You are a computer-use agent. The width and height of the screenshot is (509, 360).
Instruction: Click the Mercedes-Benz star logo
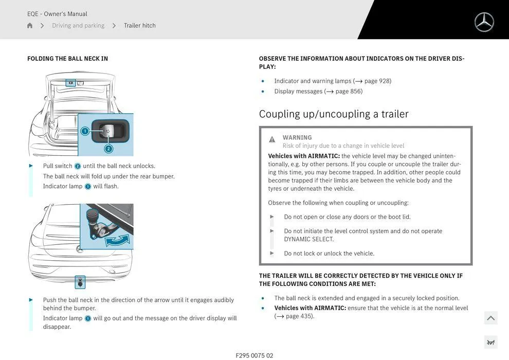coord(484,22)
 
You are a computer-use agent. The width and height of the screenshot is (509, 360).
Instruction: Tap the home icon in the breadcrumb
coord(30,26)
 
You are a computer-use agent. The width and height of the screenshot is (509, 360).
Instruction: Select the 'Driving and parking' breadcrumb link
coord(78,26)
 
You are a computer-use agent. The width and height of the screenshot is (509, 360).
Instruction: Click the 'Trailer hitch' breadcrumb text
coord(139,26)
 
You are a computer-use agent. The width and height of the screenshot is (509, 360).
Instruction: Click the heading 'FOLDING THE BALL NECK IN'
coord(67,59)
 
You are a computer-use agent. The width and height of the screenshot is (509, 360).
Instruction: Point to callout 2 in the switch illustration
coord(108,149)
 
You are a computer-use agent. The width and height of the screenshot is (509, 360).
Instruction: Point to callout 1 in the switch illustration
coord(85,131)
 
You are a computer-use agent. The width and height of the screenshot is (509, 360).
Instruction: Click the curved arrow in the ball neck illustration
coord(117,240)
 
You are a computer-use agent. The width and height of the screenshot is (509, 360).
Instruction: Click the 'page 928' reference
coord(377,81)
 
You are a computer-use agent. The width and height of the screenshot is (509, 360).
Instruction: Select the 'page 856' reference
coord(349,92)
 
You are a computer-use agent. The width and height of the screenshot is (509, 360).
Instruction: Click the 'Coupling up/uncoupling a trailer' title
coord(334,114)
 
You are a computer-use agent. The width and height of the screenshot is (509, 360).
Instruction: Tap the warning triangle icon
coord(272,139)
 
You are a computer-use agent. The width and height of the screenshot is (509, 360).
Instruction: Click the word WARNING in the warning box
coord(297,138)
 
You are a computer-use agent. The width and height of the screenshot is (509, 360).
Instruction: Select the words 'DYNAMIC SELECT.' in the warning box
coord(308,239)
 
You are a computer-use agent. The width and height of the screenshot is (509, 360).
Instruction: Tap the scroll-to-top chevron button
coord(490,318)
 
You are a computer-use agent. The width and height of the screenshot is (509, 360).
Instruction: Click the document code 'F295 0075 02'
coord(254,355)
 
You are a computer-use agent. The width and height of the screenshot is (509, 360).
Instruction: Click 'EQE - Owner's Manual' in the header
coord(57,14)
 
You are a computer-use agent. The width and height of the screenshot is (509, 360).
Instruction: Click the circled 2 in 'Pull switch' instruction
coord(78,166)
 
